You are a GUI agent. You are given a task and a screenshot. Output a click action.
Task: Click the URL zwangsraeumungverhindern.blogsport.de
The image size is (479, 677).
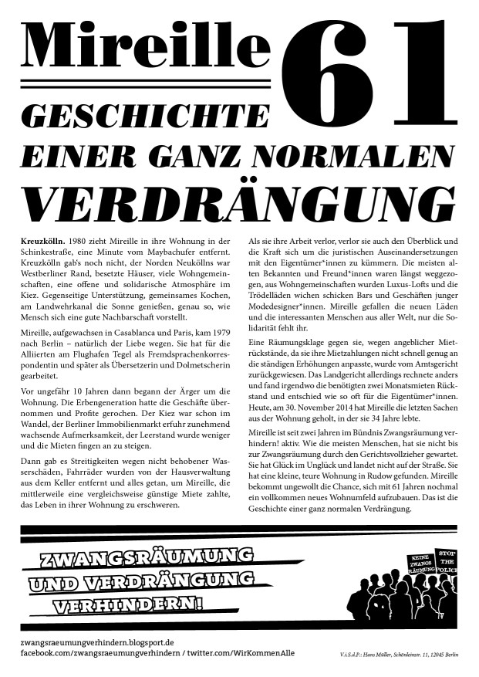(97, 641)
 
